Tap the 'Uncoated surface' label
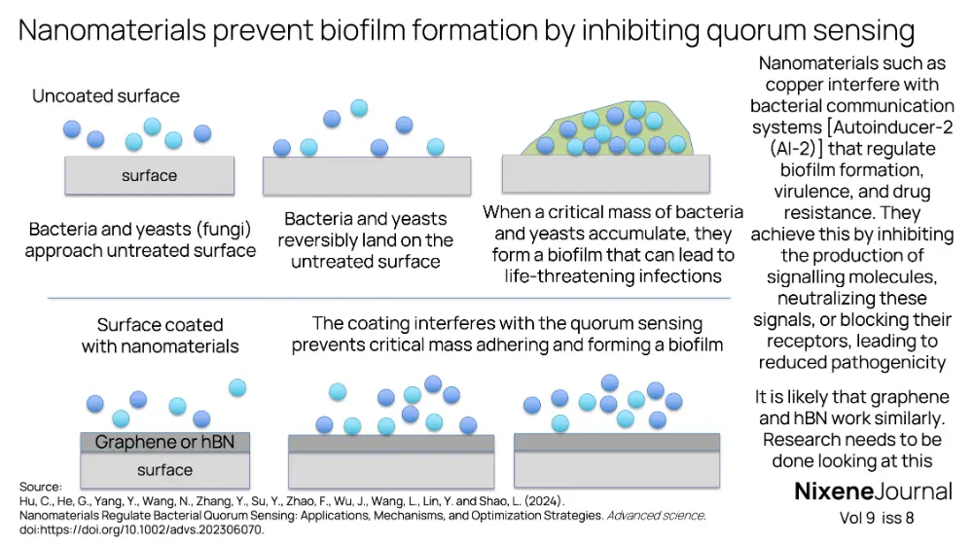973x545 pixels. click(105, 96)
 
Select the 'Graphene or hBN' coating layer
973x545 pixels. click(164, 443)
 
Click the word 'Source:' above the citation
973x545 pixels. click(40, 487)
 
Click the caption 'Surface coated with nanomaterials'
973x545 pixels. click(160, 335)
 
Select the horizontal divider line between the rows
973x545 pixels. click(389, 298)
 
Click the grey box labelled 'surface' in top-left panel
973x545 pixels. click(149, 175)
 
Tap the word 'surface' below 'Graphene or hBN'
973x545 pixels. click(164, 470)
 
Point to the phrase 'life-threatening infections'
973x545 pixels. click(613, 275)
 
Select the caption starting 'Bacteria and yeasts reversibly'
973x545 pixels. click(366, 239)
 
